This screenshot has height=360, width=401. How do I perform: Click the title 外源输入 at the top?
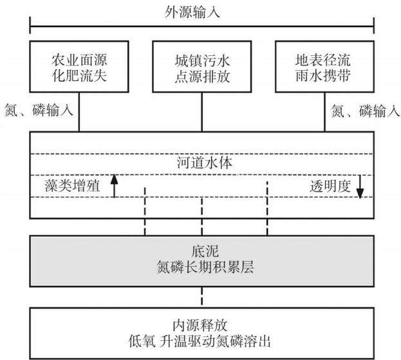point(192,12)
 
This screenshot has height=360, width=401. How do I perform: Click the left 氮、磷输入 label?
point(39,111)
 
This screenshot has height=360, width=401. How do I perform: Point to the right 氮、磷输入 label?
point(365,111)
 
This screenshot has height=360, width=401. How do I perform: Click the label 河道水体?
point(205,163)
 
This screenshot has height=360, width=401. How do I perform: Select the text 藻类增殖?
point(72,186)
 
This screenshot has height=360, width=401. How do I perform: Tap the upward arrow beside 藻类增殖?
point(114,186)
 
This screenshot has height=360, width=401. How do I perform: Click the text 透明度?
point(330,186)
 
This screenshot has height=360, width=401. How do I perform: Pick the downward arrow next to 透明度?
point(360,186)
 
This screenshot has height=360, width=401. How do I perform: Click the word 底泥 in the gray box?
point(205,251)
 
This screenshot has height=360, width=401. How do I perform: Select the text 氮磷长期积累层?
point(205,267)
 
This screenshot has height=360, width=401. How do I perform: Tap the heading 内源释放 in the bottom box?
point(200,325)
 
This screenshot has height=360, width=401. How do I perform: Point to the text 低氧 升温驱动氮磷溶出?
point(200,341)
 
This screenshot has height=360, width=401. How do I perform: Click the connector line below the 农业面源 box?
point(79,112)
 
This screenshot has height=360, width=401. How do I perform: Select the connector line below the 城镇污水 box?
point(202,112)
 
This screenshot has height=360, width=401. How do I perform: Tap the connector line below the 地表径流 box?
point(325,112)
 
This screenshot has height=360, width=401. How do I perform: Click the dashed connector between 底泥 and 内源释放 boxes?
point(202,297)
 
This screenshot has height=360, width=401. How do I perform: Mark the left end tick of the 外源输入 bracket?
point(30,25)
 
